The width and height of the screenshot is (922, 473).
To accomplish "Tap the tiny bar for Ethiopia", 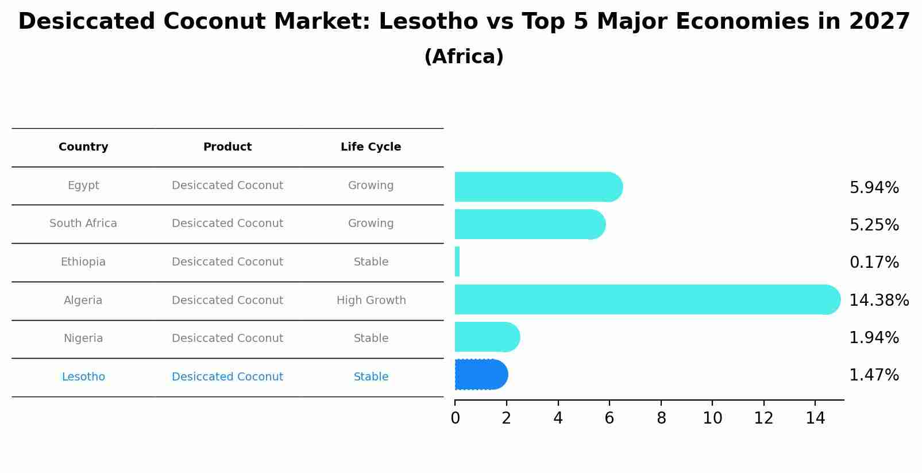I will (457, 262).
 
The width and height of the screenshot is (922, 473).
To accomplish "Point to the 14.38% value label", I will (878, 300).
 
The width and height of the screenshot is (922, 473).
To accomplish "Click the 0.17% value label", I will (874, 263).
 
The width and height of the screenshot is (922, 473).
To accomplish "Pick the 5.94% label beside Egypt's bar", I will (874, 188).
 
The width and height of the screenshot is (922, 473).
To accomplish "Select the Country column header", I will (83, 147).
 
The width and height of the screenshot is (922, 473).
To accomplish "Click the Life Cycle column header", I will (371, 147).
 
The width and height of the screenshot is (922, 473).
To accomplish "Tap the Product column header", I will (227, 147).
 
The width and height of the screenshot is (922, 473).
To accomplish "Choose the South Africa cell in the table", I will (83, 224).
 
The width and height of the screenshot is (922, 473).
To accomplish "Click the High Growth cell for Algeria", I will (371, 300).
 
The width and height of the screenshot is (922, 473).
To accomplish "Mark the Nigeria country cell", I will (83, 339).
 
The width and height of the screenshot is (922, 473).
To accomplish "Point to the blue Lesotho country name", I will (83, 377).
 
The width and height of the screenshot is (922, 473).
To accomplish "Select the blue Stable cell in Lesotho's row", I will (371, 377).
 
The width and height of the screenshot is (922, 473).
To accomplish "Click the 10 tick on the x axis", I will (712, 418).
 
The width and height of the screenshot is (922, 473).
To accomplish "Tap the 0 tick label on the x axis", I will (455, 418).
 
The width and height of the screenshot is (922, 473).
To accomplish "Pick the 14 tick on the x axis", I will (815, 418).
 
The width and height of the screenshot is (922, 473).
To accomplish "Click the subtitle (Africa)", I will (464, 57).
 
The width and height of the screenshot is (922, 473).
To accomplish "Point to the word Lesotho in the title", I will (428, 22).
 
